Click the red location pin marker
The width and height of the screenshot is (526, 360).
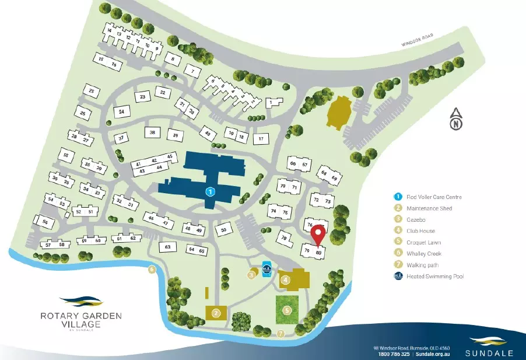318,235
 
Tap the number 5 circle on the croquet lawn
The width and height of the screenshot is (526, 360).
287,310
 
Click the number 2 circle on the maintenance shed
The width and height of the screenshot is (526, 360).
216,313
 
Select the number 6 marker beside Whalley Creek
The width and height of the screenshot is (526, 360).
152,270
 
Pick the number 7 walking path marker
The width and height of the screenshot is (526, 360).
281,334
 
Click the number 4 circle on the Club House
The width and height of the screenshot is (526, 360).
285,280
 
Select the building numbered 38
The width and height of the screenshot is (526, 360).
152,133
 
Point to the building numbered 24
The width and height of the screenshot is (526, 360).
121,111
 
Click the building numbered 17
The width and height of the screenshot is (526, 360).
262,138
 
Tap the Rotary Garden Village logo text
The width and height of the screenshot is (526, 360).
81,320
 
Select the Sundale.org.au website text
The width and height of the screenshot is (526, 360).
433,354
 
